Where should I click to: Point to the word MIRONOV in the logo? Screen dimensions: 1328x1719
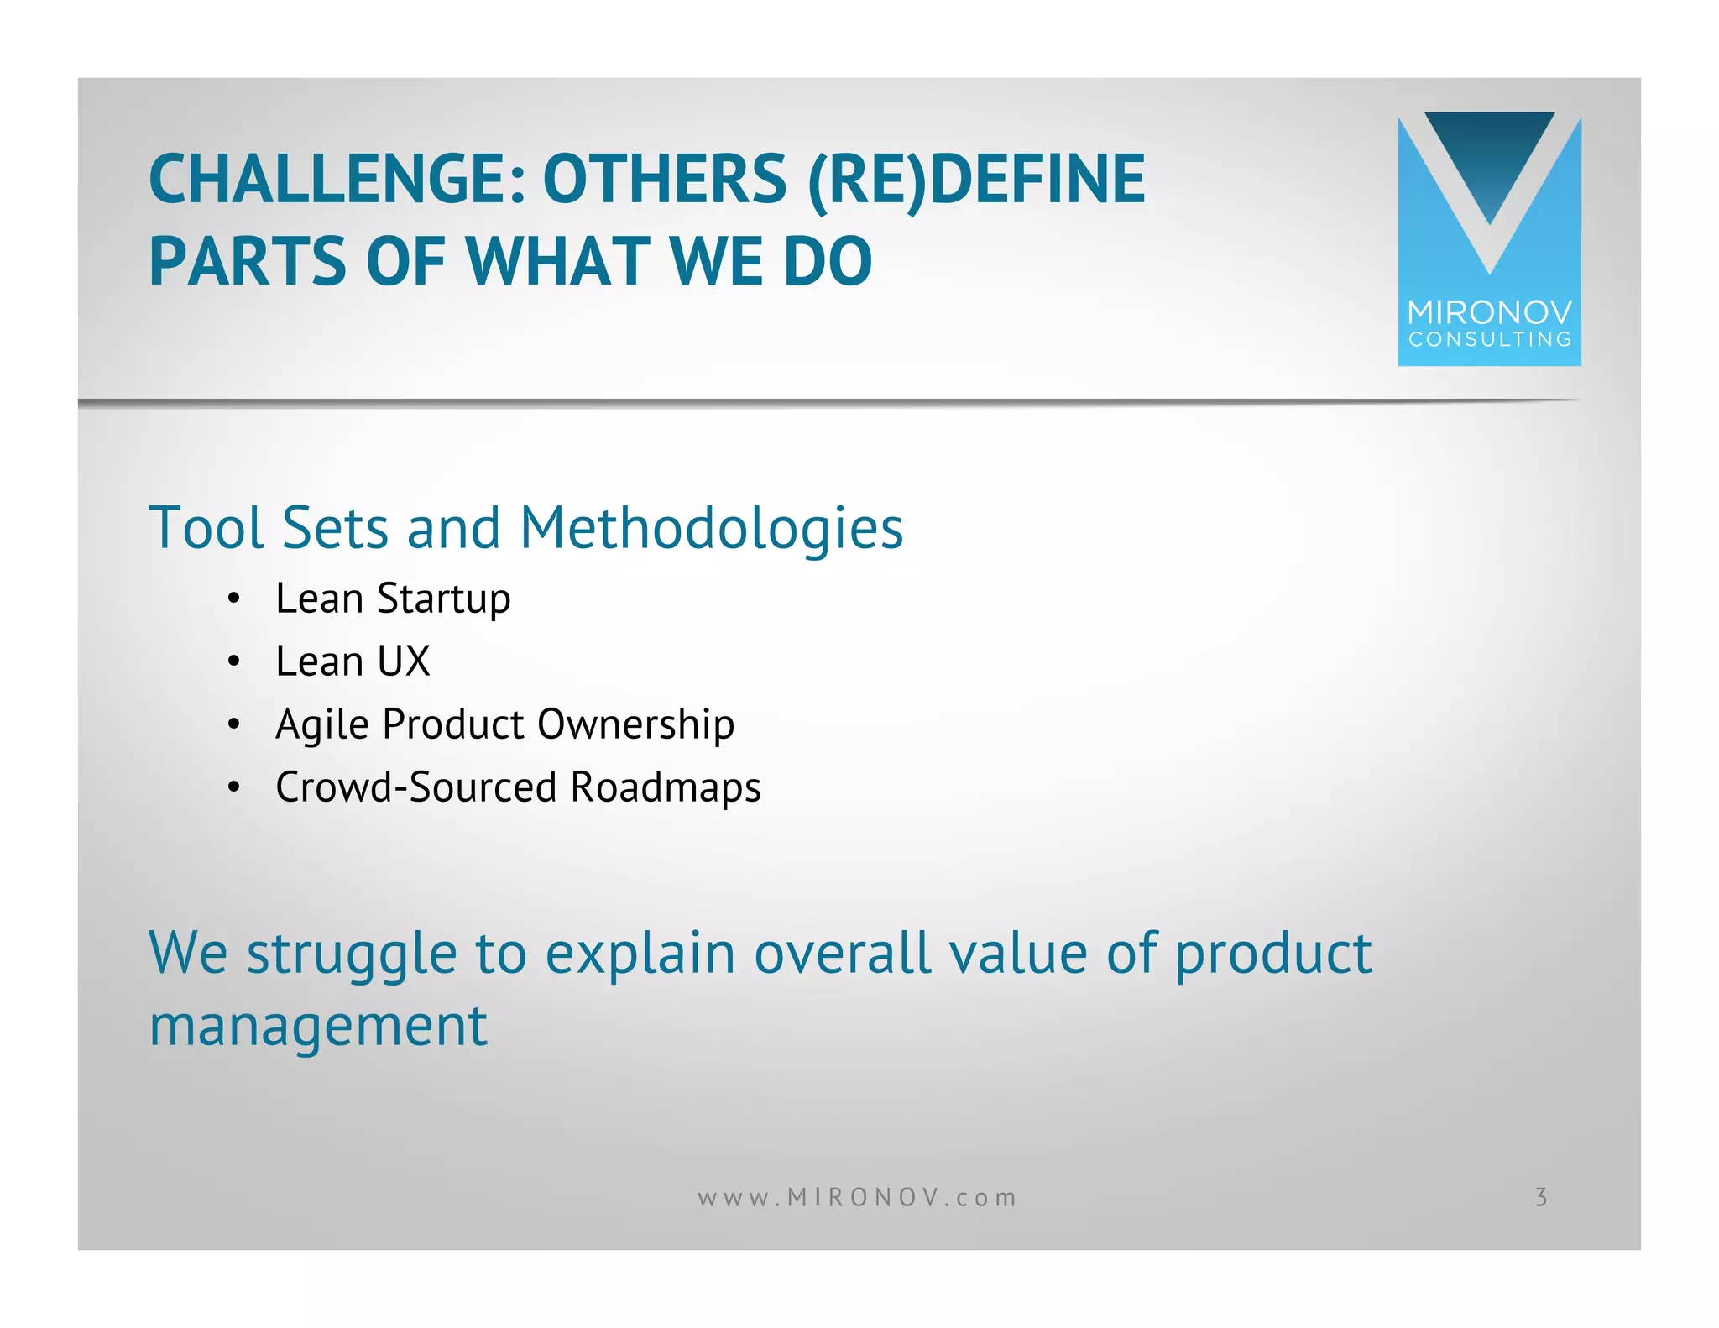[1489, 313]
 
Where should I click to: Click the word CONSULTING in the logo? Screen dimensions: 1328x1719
[1489, 340]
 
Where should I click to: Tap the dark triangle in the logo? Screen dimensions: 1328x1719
[1489, 155]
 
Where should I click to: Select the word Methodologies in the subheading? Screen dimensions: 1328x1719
[711, 528]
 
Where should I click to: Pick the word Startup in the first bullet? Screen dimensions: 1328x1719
[443, 599]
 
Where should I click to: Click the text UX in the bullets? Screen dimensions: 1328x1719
[403, 661]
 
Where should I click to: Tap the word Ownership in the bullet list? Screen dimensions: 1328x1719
[635, 724]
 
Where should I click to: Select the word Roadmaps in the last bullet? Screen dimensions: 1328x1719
[665, 787]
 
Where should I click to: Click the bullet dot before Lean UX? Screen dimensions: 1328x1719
[234, 661]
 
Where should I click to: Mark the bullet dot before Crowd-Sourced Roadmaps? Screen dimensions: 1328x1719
[234, 787]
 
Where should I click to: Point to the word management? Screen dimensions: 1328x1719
[318, 1026]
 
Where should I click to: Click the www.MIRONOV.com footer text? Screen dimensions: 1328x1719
[857, 1197]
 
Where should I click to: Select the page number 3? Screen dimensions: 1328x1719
[1540, 1197]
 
